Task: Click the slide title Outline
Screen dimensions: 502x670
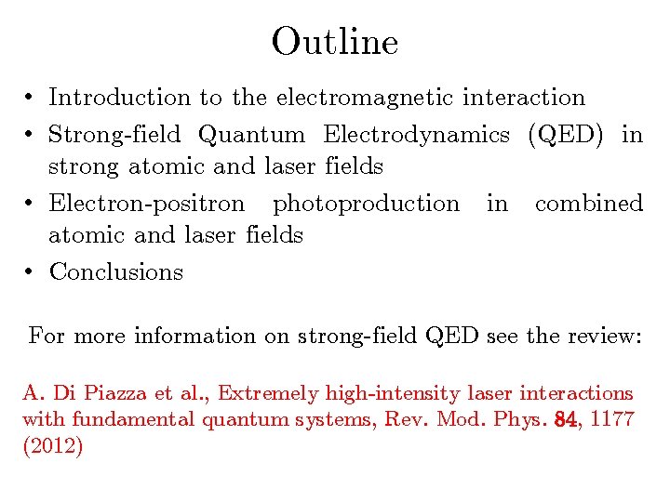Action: point(335,41)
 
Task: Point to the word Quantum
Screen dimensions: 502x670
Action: point(252,135)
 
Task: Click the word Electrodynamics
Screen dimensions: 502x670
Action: point(416,135)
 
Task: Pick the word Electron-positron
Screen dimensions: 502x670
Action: point(147,203)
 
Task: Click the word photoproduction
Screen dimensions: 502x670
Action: point(366,204)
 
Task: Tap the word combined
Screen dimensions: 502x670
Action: point(589,203)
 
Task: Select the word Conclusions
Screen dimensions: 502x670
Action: point(116,272)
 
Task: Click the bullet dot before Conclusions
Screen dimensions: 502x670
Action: point(31,272)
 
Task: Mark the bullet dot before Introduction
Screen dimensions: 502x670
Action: point(31,98)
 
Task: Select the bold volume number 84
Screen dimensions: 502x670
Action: point(564,419)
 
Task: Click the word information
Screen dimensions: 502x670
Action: point(194,336)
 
